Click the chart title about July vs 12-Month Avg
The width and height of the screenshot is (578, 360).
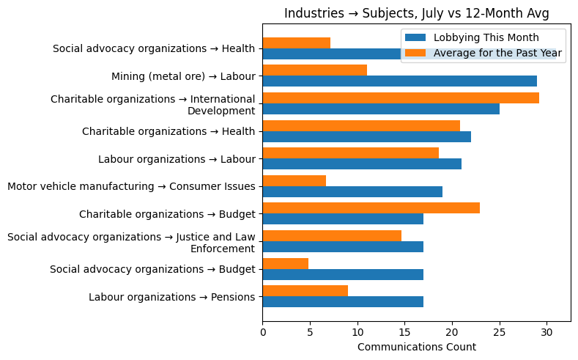pyautogui.click(x=416, y=13)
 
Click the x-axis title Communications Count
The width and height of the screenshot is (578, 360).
pyautogui.click(x=416, y=347)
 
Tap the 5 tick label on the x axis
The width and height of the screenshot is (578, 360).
pyautogui.click(x=310, y=332)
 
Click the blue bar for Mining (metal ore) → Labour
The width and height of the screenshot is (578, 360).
pyautogui.click(x=399, y=81)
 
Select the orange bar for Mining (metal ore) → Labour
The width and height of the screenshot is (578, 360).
pyautogui.click(x=314, y=70)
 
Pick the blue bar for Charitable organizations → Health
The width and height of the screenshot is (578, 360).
pyautogui.click(x=366, y=136)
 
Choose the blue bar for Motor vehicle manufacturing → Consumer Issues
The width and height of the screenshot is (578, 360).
pyautogui.click(x=352, y=191)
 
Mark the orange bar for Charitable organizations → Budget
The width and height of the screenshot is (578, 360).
pyautogui.click(x=371, y=208)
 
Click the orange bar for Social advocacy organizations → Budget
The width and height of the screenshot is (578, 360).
pyautogui.click(x=285, y=263)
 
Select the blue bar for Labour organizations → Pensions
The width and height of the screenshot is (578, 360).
pyautogui.click(x=343, y=301)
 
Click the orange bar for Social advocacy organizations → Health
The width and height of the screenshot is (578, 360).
pyautogui.click(x=296, y=43)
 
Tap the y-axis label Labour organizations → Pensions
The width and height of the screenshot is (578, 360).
pyautogui.click(x=171, y=297)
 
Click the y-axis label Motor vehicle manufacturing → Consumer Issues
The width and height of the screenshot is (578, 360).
pyautogui.click(x=131, y=186)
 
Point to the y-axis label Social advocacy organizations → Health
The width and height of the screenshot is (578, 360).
pyautogui.click(x=154, y=48)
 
